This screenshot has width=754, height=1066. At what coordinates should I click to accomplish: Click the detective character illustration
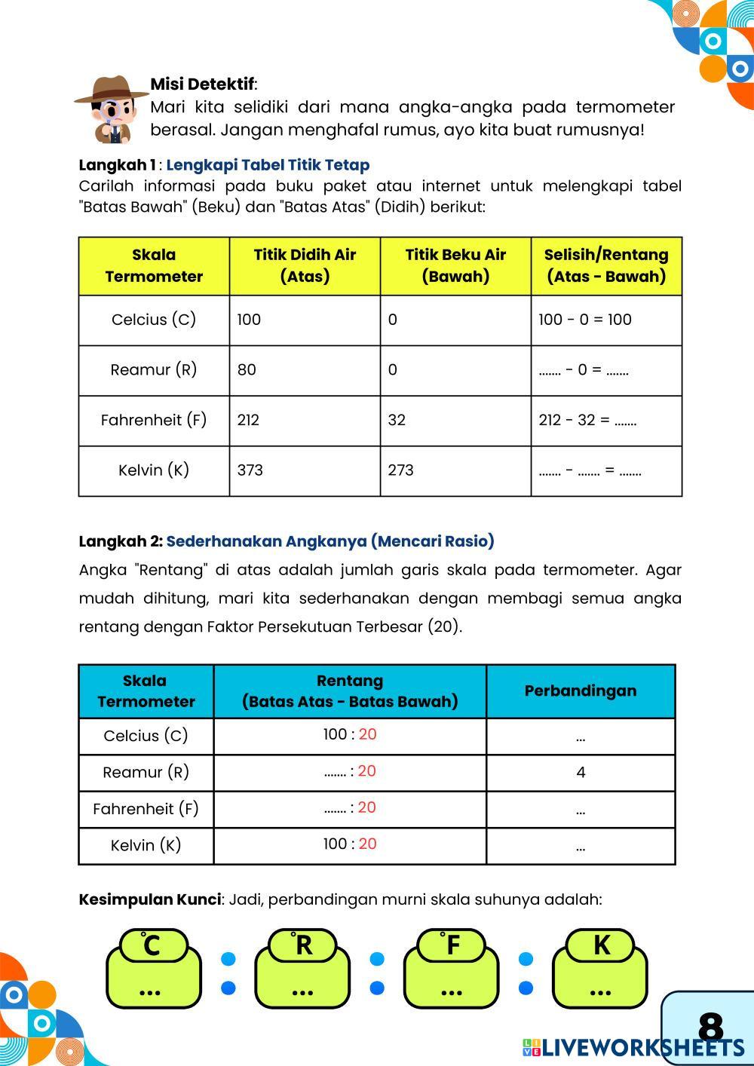click(112, 108)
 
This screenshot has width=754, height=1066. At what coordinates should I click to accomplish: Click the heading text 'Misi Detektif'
click(202, 84)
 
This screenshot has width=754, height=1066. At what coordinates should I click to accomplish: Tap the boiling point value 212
click(248, 420)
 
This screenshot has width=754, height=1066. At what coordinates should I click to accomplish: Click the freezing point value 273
click(400, 470)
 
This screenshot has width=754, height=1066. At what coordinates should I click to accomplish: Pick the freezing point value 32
click(397, 420)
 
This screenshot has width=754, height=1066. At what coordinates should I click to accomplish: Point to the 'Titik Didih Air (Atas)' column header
click(305, 265)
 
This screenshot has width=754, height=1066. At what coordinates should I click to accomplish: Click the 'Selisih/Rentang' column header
click(606, 265)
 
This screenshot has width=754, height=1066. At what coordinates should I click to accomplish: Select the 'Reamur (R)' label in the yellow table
click(154, 370)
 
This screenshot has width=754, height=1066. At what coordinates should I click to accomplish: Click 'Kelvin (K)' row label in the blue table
click(146, 845)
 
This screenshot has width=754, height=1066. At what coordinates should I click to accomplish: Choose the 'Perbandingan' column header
click(580, 691)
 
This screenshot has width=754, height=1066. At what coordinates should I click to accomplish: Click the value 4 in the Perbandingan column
click(580, 772)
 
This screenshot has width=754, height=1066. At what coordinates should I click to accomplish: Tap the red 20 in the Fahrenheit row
click(367, 807)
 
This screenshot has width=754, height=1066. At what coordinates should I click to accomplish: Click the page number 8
click(710, 1027)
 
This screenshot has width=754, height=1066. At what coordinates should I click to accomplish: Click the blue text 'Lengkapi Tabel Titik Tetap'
click(268, 165)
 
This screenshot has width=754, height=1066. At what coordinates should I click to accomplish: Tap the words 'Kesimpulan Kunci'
click(149, 899)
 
